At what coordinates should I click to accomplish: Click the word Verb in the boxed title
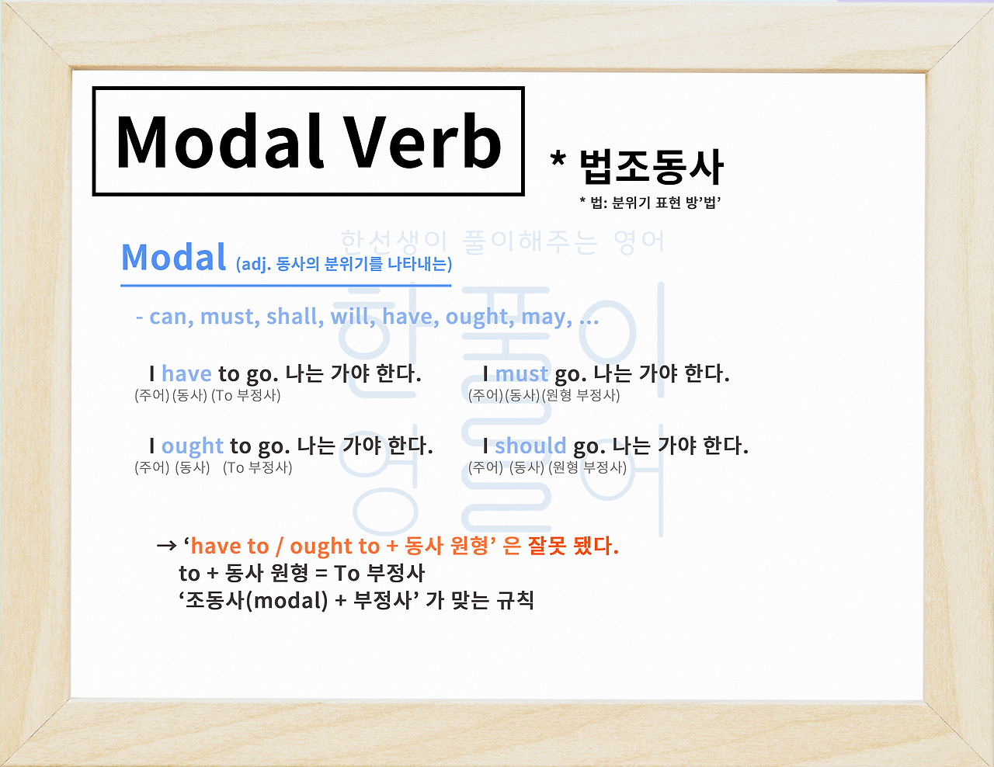click(423, 142)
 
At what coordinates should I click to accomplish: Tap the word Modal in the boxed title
click(220, 142)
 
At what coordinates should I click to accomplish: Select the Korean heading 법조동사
click(652, 166)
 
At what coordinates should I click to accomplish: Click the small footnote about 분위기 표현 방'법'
click(651, 203)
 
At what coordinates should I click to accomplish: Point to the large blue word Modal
click(174, 258)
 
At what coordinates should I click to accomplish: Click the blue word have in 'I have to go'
click(186, 374)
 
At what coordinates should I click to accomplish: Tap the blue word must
click(521, 374)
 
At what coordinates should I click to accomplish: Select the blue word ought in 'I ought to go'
click(193, 446)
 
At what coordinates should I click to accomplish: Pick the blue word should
click(530, 446)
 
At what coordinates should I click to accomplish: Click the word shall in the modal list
click(294, 317)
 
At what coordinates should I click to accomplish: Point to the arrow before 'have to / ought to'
click(166, 546)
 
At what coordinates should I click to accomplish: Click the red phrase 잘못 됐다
click(572, 546)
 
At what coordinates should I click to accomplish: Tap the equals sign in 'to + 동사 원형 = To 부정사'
click(321, 574)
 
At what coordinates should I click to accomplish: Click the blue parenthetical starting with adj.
click(343, 264)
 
